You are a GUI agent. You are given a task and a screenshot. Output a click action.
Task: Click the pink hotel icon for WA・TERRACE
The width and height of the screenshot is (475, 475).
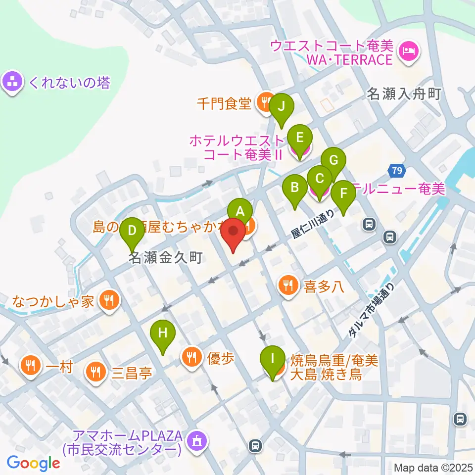coord(409,50)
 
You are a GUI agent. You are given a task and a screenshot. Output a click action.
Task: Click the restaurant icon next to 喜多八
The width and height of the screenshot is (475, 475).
coord(288,286)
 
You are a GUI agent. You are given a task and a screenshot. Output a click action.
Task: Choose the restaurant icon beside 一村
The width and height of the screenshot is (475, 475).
coord(31,367)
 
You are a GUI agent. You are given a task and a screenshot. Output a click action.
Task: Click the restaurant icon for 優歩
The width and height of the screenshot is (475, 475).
coord(191,357)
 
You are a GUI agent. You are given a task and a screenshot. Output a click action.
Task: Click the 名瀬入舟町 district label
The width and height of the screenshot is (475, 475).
coord(404,94)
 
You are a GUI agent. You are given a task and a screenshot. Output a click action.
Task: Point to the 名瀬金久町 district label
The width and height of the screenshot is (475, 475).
coord(166,258)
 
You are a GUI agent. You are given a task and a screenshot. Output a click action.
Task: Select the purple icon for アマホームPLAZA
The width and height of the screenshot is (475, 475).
coord(197,440)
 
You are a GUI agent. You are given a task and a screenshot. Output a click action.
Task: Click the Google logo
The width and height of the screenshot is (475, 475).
coord(33,463)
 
